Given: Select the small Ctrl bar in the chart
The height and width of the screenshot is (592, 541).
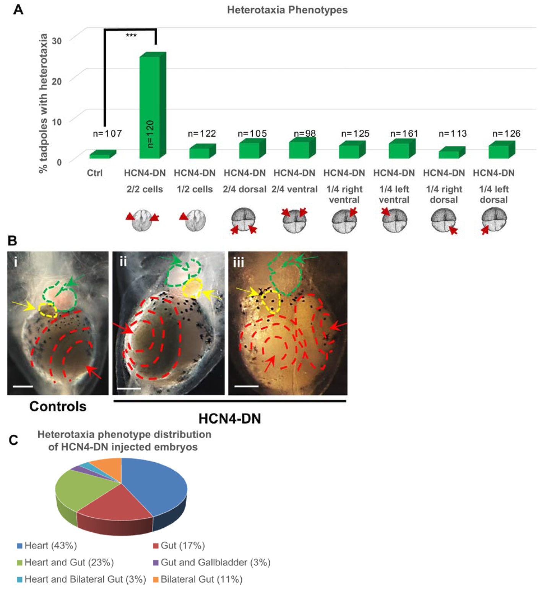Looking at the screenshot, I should [x=101, y=155].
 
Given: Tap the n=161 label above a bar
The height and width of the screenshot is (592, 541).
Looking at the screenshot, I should [x=404, y=134].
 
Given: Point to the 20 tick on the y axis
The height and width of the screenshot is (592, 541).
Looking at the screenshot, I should [x=57, y=81].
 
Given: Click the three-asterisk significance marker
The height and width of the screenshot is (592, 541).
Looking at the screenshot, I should [x=131, y=36].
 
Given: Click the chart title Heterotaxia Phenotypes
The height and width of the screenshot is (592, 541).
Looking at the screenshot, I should [x=287, y=10].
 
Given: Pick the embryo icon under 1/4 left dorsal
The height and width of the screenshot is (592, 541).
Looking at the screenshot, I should [x=494, y=220].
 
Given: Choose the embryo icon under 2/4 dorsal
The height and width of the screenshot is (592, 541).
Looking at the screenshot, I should [x=244, y=220].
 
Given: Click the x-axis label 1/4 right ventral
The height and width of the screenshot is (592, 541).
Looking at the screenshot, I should [x=344, y=194].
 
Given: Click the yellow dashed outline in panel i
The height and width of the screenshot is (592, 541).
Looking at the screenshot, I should [x=48, y=309].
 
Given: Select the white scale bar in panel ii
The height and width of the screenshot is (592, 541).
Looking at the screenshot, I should [x=129, y=388].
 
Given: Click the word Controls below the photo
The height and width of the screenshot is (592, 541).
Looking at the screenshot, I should [x=58, y=406].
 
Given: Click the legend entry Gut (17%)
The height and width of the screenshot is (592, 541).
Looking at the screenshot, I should [x=179, y=545].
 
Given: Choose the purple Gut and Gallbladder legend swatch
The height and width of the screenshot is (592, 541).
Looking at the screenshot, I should [x=156, y=563].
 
